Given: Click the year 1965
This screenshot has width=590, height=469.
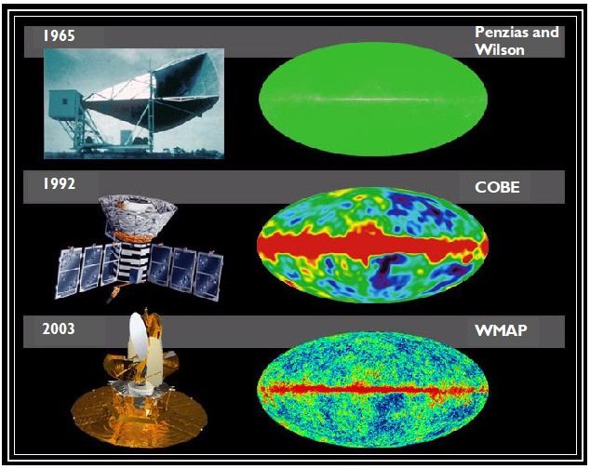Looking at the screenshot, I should pos(59,36).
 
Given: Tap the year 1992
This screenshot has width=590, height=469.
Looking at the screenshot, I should pos(59,184).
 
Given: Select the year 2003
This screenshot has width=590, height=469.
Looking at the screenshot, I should pos(59,328).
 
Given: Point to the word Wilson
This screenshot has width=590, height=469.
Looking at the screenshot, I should pos(500,48).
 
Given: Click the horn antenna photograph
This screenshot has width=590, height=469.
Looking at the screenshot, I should pos(134,102).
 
